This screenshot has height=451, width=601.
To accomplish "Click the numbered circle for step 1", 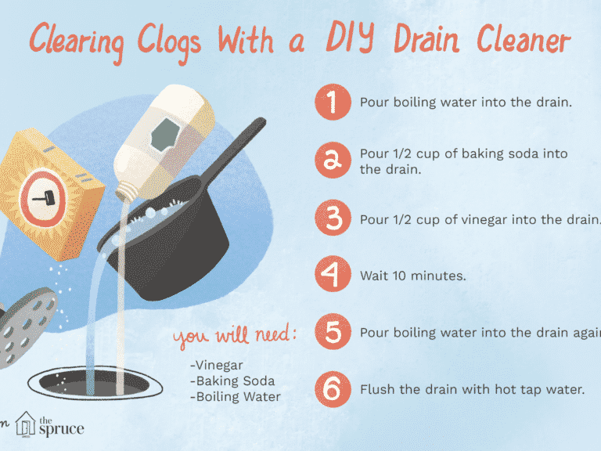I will tap(332, 102).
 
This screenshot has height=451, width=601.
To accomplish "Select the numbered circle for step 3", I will tap(332, 218).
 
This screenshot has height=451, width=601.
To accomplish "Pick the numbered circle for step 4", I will tap(332, 276).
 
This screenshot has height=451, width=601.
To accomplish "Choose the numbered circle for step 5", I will tap(332, 332).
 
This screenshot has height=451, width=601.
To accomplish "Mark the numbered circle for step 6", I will tap(332, 388).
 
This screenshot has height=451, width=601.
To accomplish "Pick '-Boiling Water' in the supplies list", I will tap(234, 396).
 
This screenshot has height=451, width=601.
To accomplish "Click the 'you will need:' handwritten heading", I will tap(235, 337).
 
